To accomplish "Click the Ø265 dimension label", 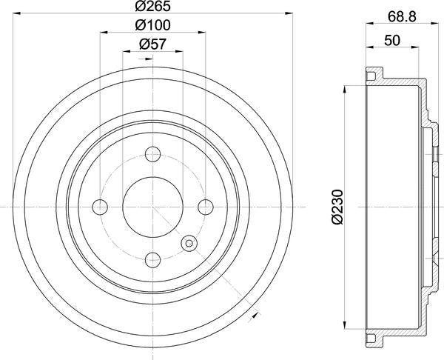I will click(x=152, y=8).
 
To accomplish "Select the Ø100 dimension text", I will click(x=152, y=27).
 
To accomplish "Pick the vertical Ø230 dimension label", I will click(x=338, y=207).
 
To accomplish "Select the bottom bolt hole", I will click(x=152, y=259).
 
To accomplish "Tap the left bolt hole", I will click(x=100, y=207).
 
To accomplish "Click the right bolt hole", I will click(x=205, y=207).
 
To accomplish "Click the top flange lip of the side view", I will click(x=374, y=74).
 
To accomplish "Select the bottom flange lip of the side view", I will click(x=374, y=339).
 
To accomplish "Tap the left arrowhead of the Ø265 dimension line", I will click(x=16, y=14).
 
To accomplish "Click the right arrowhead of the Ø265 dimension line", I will click(x=290, y=14).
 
